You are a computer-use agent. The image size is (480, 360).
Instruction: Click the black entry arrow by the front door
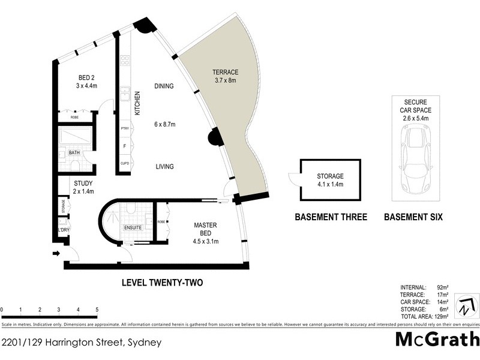pyautogui.click(x=57, y=254)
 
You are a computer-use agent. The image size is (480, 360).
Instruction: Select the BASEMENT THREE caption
pyautogui.click(x=331, y=217)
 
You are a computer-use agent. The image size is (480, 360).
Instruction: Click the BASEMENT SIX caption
pyautogui.click(x=413, y=217)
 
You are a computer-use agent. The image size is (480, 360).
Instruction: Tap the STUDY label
pyautogui.click(x=83, y=183)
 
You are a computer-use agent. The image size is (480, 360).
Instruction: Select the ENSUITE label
pyautogui.click(x=133, y=228)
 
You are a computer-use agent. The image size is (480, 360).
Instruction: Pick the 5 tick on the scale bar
pyautogui.click(x=97, y=310)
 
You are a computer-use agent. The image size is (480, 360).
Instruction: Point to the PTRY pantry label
pyautogui.click(x=124, y=129)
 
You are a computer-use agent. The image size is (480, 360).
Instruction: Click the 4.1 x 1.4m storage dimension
pyautogui.click(x=331, y=185)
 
